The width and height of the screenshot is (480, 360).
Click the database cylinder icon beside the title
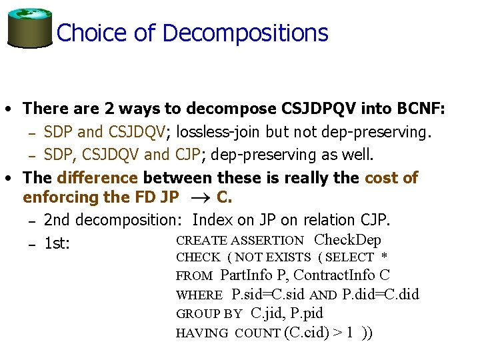[x=29, y=28]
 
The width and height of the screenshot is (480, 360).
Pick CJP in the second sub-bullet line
[x=187, y=155]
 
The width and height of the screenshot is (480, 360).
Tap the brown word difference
[x=97, y=178]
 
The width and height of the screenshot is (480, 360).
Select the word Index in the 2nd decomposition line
[x=213, y=220]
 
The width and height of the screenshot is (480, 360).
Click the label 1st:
[x=57, y=244]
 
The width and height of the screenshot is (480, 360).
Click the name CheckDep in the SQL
[x=347, y=240]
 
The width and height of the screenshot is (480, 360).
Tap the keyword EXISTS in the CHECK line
[x=289, y=257]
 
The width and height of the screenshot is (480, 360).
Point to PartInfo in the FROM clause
[x=250, y=275]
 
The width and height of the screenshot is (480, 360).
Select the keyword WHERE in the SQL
[x=199, y=295]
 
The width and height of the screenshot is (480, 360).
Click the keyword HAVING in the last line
[x=202, y=333]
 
